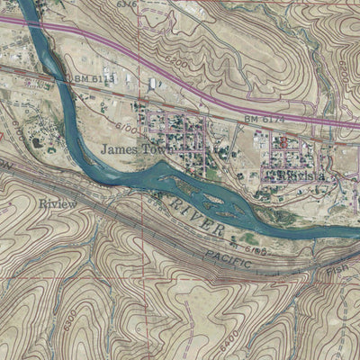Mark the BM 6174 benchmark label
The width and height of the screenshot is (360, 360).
click(x=263, y=119)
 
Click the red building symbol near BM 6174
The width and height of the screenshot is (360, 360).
click(x=282, y=140)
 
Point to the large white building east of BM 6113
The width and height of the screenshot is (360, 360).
click(x=154, y=83)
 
